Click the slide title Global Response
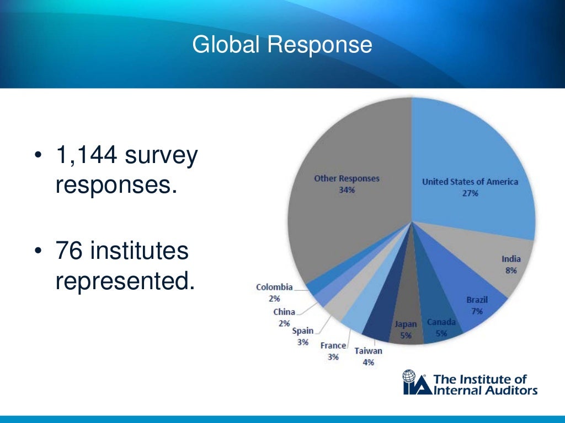282,45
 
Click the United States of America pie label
470,182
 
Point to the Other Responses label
347,178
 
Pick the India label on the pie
510,259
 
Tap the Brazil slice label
477,300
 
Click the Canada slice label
441,322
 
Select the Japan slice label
406,324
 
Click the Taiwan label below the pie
368,350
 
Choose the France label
333,345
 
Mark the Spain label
302,330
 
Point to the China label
284,312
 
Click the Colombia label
274,287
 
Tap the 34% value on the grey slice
347,190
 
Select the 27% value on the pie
470,193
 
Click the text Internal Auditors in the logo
486,391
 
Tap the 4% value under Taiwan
368,362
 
